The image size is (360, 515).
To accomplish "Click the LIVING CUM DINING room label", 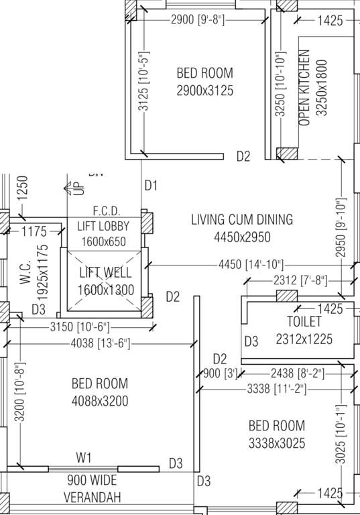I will [241, 219].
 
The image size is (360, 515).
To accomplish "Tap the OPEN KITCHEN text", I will [304, 88].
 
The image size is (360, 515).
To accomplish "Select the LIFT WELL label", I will [105, 273].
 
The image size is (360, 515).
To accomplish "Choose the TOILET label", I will [304, 322].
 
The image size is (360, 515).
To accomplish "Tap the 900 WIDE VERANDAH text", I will [91, 489].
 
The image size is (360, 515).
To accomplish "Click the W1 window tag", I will [83, 458].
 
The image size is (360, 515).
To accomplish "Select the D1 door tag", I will [151, 185].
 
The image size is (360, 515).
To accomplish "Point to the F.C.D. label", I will [106, 210].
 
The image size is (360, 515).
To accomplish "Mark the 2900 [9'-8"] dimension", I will [199, 20].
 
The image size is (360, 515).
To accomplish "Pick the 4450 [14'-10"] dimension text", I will [251, 265].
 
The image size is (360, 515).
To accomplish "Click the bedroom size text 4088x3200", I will [99, 402].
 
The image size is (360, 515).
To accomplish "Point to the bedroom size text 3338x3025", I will [276, 443].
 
